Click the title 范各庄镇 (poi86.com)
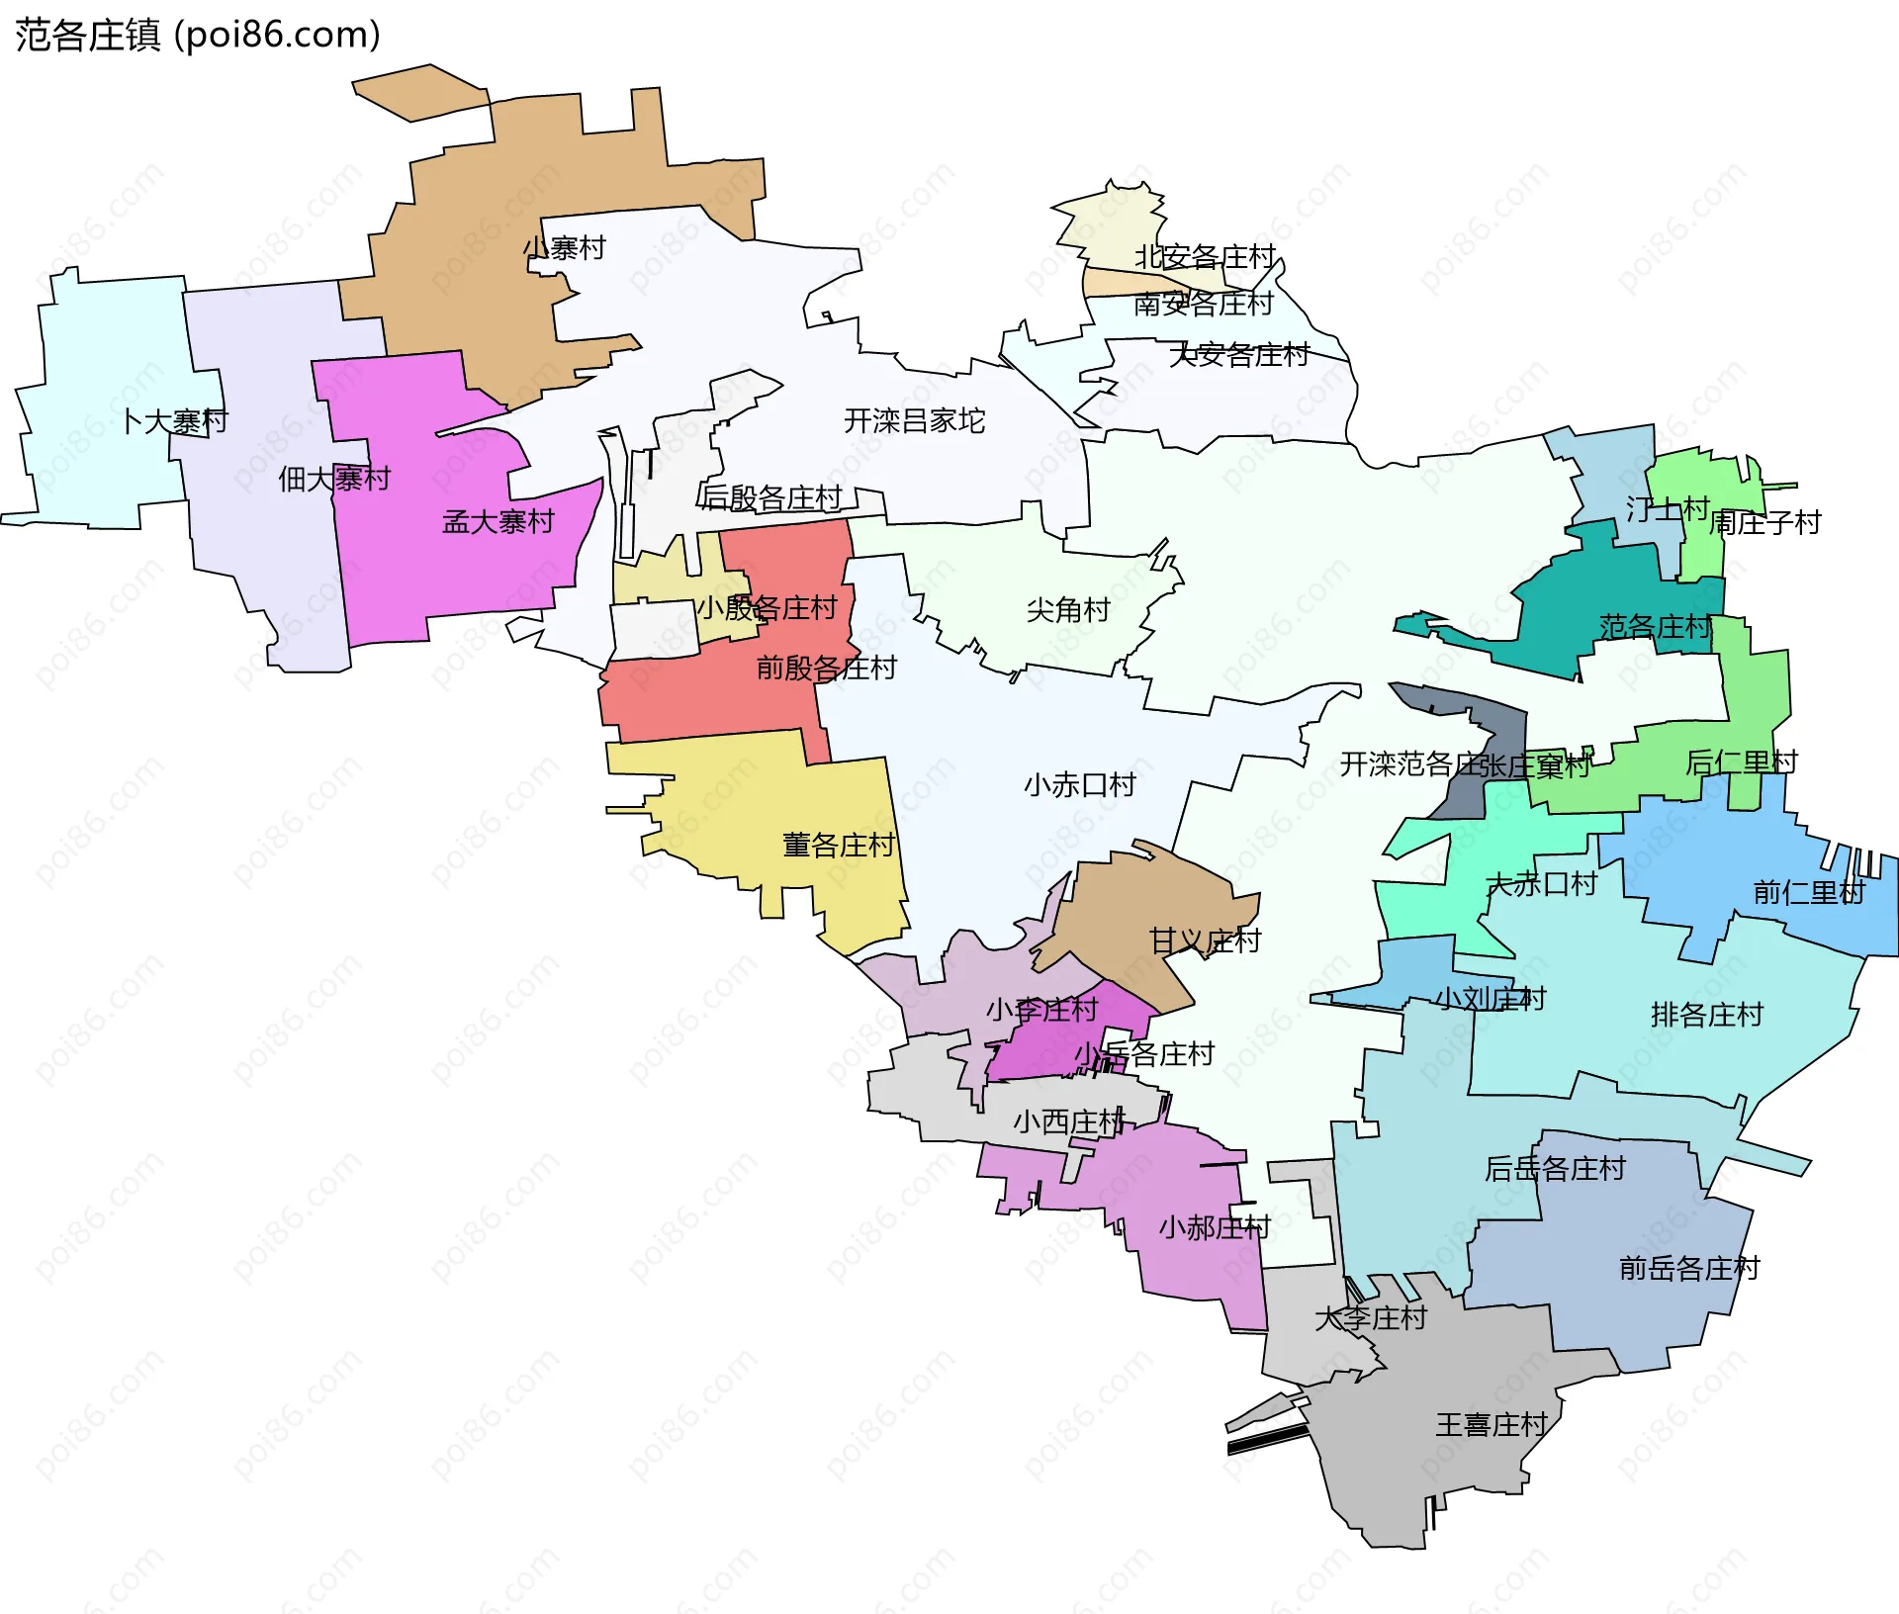(x=198, y=36)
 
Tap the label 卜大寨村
(x=175, y=422)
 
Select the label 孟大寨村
(x=497, y=522)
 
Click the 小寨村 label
(x=564, y=248)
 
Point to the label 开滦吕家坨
(x=914, y=421)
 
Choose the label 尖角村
(x=1068, y=610)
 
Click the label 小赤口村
(x=1079, y=785)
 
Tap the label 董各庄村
(x=838, y=846)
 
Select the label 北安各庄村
(x=1205, y=257)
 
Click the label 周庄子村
(x=1764, y=523)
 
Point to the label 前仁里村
(x=1808, y=893)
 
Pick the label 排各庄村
(x=1706, y=1015)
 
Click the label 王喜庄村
(x=1491, y=1425)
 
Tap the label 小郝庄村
(x=1214, y=1228)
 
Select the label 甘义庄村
(x=1204, y=941)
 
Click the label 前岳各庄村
(x=1688, y=1269)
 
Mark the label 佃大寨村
(x=334, y=480)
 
